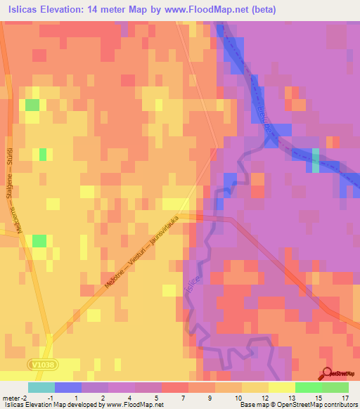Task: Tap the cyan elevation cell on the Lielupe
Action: (315, 161)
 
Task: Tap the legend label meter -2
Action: (15, 397)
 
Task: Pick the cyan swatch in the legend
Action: (41, 387)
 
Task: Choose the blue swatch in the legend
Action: (67, 387)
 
